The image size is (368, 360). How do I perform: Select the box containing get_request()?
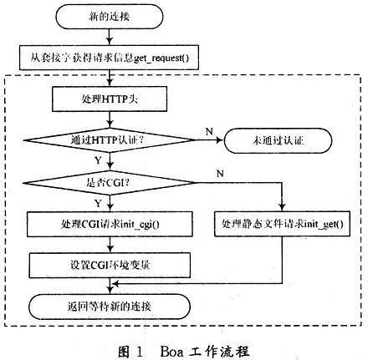tap(111, 59)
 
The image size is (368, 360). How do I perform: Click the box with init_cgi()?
tap(111, 224)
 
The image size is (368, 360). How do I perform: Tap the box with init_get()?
tap(284, 224)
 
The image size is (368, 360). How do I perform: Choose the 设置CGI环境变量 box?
tap(111, 265)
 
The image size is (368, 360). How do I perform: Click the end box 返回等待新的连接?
tap(111, 302)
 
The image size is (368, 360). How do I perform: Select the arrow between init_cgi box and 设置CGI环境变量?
tap(111, 245)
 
